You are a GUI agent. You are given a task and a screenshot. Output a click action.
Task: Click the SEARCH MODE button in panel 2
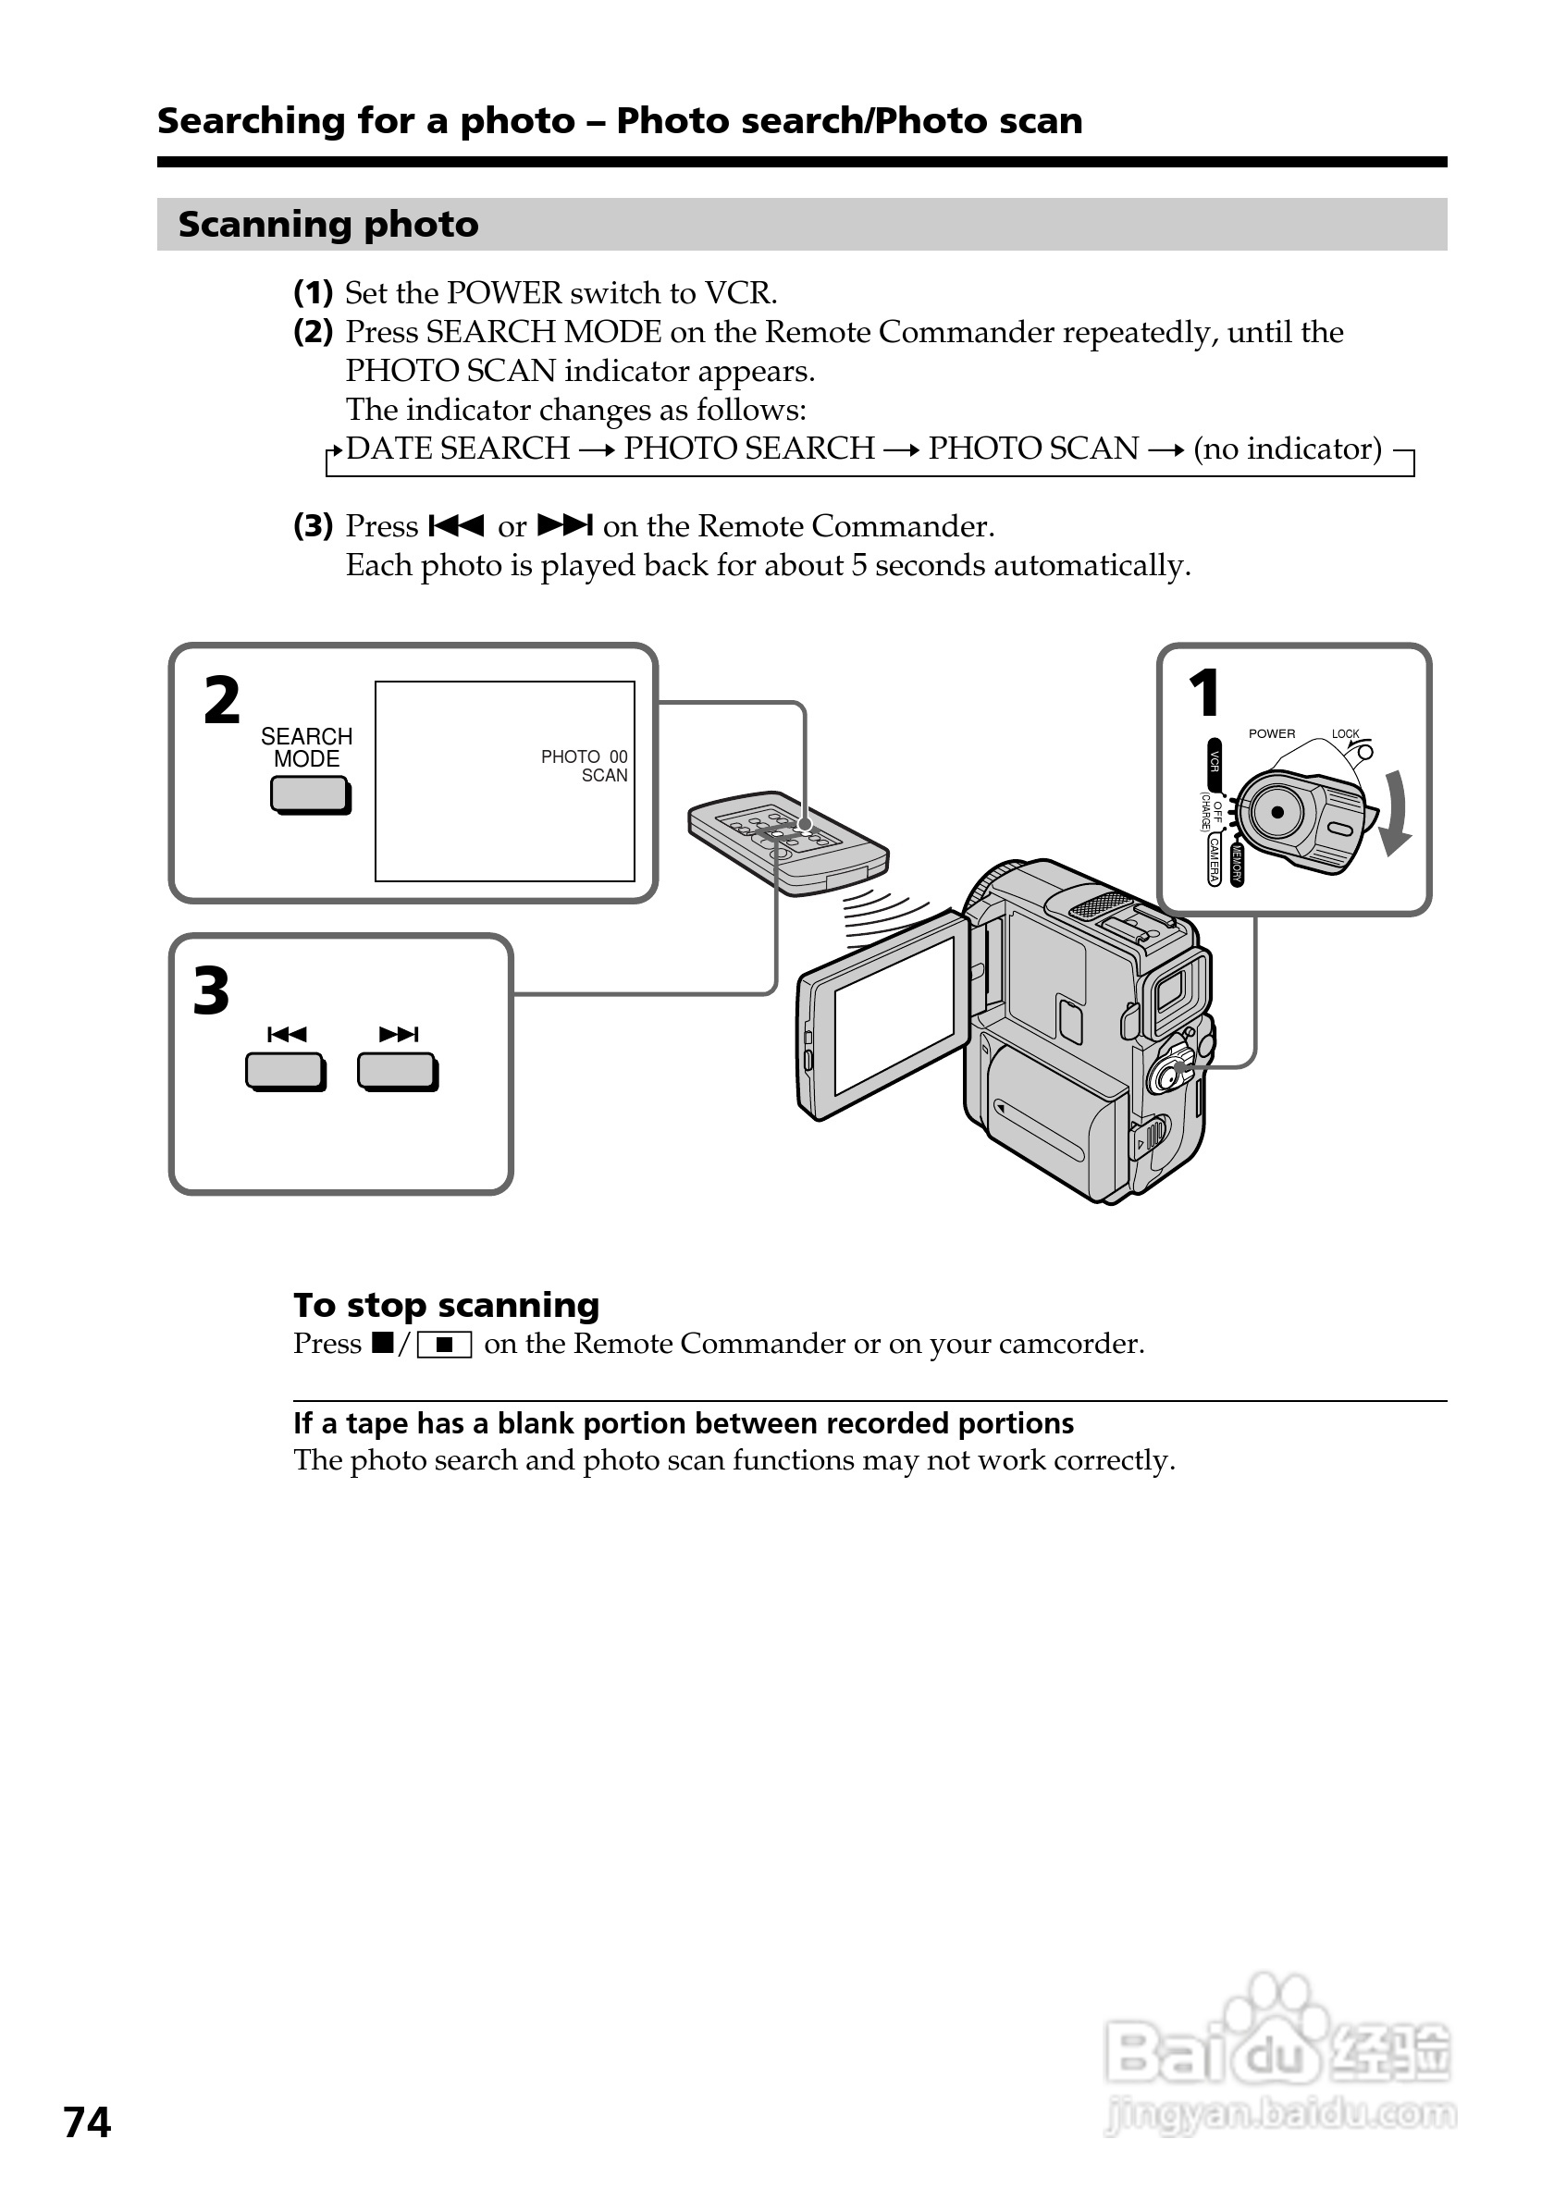310,793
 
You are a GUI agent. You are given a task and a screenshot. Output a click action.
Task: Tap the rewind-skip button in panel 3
286,1071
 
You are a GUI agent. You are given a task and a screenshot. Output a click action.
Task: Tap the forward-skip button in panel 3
398,1071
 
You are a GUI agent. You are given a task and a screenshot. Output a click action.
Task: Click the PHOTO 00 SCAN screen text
585,766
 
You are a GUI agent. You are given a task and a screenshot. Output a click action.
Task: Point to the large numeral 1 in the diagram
1204,693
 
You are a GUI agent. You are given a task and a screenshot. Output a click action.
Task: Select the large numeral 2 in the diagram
221,701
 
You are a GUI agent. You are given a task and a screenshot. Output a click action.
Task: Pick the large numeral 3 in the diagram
212,991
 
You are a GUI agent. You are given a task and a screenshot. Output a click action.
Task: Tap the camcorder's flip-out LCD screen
894,1016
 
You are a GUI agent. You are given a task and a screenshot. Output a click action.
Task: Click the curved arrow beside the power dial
1396,811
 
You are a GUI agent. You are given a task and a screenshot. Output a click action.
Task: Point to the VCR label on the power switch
1214,762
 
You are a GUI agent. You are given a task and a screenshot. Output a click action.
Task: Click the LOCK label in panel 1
1345,734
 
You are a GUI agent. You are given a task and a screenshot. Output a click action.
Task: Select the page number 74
87,2122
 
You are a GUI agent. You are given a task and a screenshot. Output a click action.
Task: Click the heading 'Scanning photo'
327,225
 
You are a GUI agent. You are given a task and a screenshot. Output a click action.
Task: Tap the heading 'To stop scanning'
447,1305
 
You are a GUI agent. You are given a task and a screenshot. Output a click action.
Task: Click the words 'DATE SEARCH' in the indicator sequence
458,449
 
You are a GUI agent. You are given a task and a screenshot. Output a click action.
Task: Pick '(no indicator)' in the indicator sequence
1287,449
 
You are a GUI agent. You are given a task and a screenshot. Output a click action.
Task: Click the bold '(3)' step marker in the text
314,526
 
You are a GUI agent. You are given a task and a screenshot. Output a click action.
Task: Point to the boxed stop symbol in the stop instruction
444,1345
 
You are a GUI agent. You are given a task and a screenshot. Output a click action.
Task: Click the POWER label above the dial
1271,733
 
